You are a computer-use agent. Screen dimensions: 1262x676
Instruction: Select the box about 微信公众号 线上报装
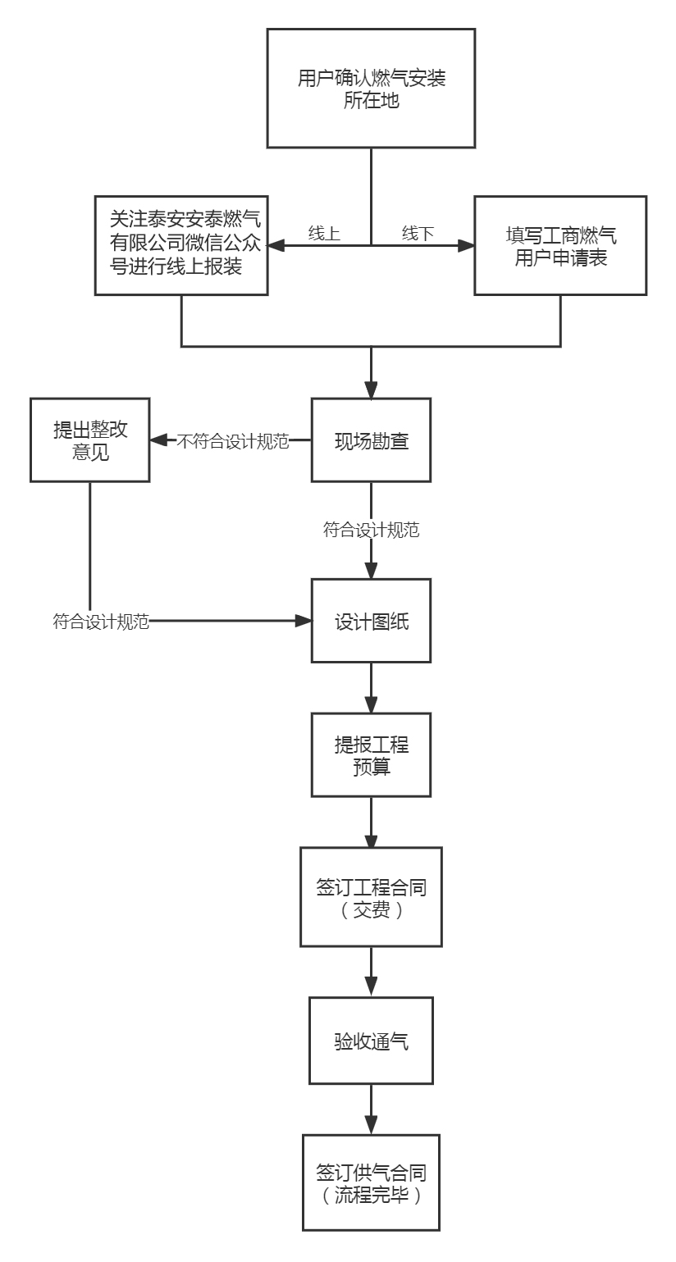click(182, 244)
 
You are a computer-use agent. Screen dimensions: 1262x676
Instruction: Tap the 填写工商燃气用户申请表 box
click(560, 244)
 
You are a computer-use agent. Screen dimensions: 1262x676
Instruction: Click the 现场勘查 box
click(371, 441)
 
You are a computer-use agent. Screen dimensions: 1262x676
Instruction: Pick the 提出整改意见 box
click(90, 440)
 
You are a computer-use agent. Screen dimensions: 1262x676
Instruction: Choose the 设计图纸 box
click(371, 622)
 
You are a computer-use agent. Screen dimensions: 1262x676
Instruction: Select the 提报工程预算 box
click(371, 754)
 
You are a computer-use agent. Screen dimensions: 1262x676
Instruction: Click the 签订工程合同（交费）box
click(371, 898)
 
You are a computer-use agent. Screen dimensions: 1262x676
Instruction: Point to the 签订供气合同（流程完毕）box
click(371, 1182)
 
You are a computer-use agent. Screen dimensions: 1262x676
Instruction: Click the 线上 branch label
click(324, 233)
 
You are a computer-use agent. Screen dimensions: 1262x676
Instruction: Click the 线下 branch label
click(418, 233)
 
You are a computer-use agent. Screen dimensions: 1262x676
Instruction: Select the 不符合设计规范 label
click(234, 441)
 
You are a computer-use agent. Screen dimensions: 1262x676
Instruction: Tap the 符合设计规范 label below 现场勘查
click(371, 530)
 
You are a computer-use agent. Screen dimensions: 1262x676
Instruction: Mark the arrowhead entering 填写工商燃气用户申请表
click(467, 244)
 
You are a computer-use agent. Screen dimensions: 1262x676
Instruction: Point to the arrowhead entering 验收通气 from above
click(371, 990)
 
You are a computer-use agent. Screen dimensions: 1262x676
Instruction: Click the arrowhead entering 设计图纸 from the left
click(304, 622)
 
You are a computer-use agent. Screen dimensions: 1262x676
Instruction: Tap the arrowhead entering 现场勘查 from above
click(371, 390)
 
